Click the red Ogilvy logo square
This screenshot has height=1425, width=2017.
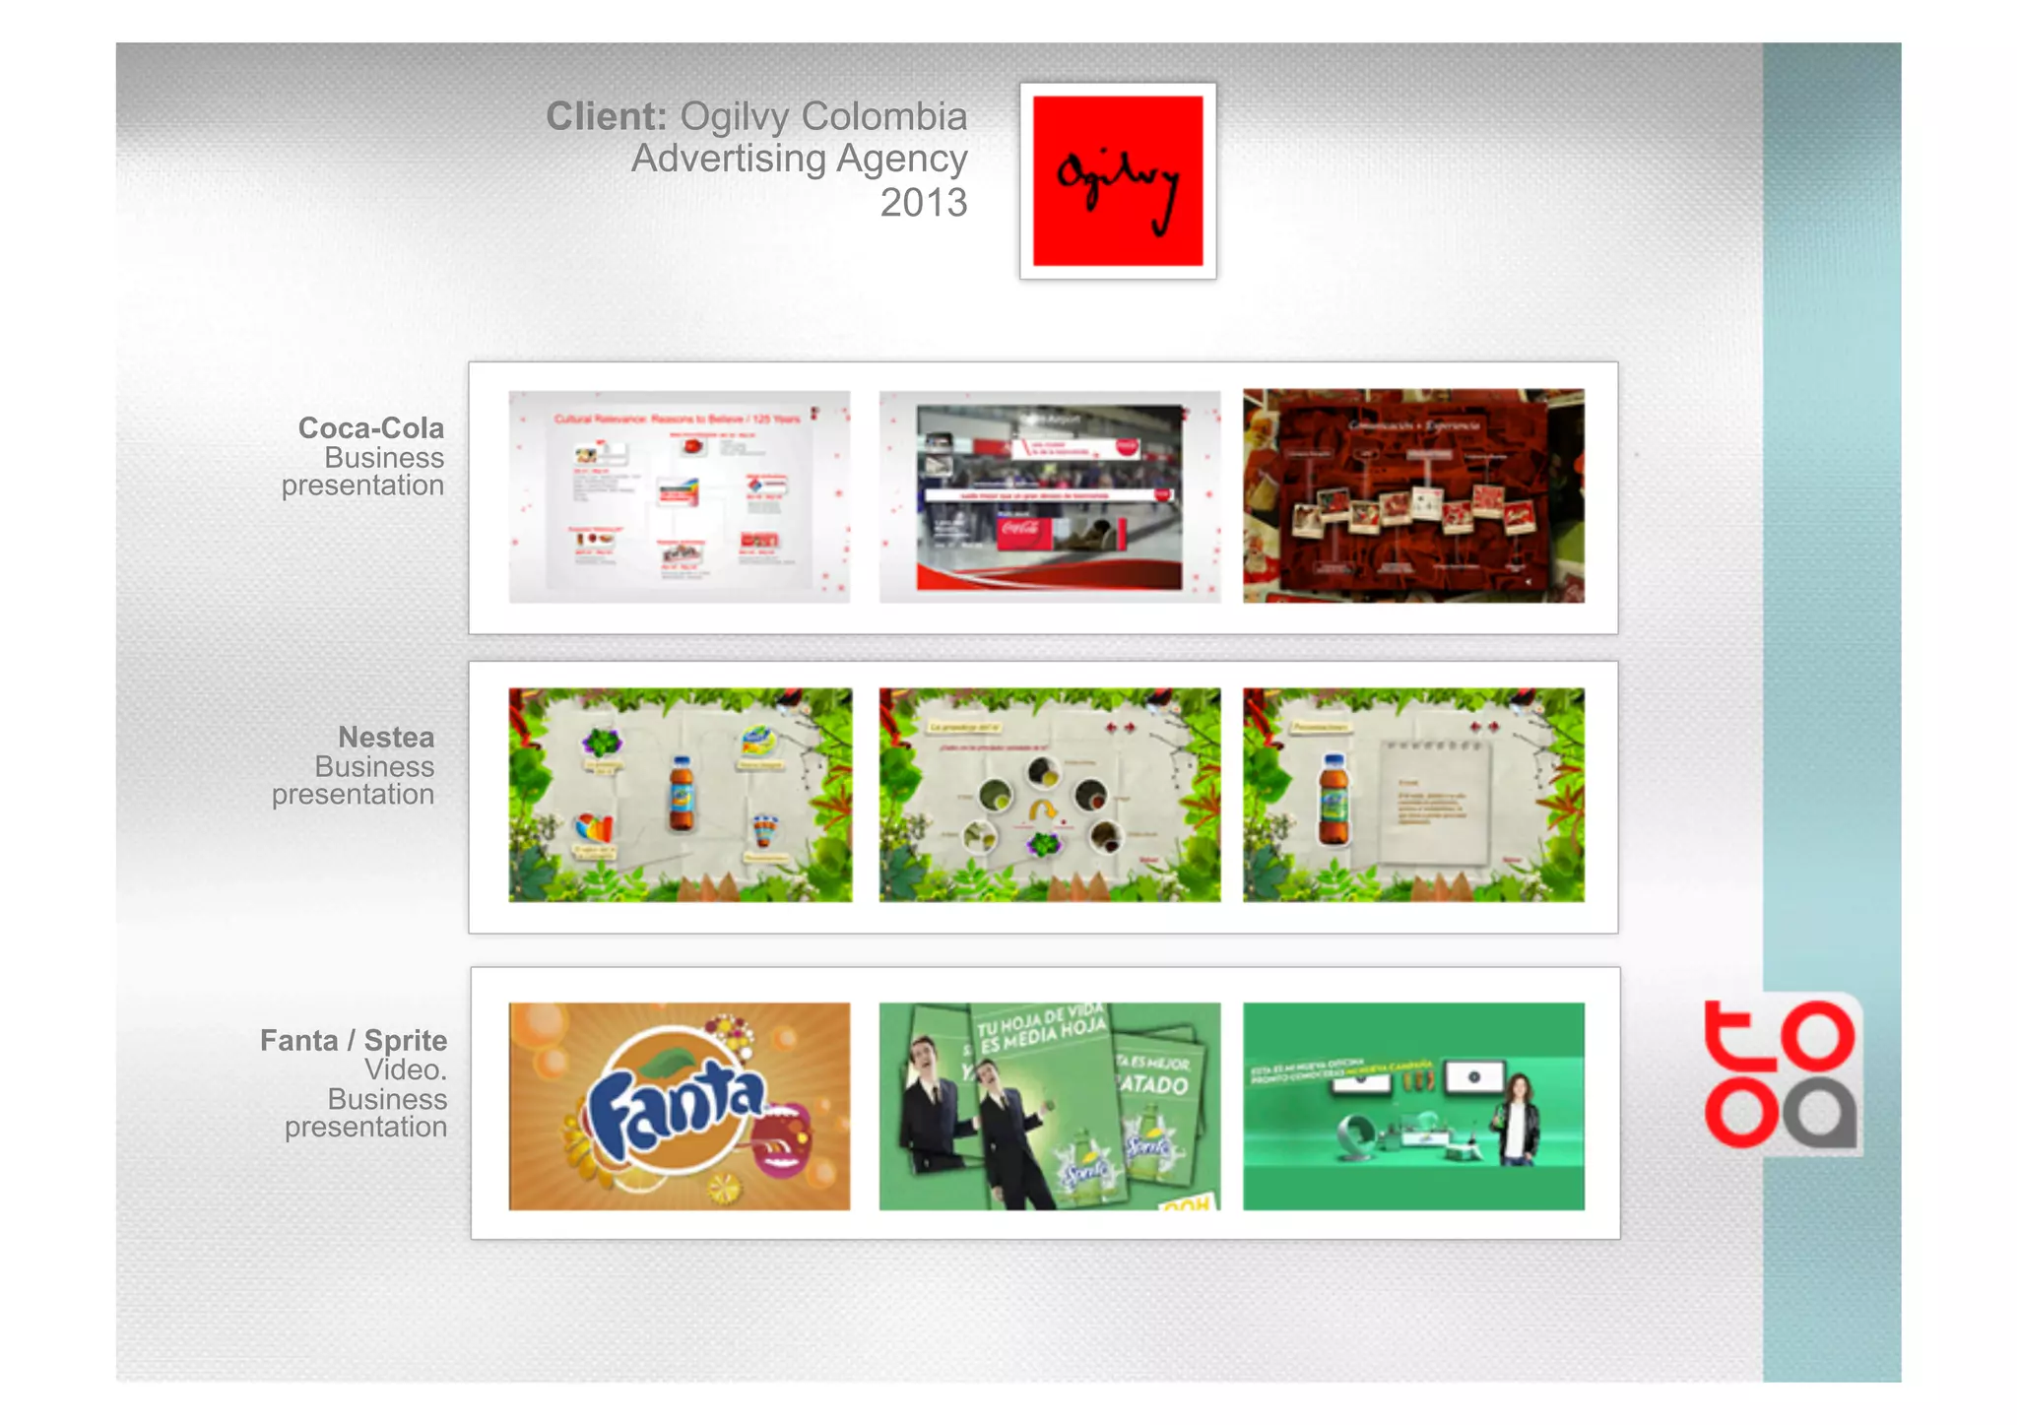1117,180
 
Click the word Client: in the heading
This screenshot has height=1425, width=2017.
607,116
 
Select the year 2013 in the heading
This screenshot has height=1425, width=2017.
923,203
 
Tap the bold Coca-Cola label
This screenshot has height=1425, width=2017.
371,428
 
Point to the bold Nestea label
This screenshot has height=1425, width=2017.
386,738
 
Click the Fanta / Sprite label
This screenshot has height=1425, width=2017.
354,1041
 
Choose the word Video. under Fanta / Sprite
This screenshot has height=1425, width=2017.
406,1069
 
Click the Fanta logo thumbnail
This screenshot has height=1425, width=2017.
679,1106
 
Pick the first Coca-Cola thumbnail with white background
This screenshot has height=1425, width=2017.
679,496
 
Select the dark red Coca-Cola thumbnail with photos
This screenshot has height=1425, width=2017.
1413,496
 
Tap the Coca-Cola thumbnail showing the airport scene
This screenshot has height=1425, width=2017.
1049,496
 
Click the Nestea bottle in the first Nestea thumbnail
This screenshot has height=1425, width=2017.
681,794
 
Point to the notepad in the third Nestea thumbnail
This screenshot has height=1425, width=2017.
1435,802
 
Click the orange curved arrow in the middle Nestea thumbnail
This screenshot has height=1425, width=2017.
1042,810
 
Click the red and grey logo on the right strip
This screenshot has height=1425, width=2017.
1781,1074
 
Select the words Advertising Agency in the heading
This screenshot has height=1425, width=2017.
799,159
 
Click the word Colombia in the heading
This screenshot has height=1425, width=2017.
883,116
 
